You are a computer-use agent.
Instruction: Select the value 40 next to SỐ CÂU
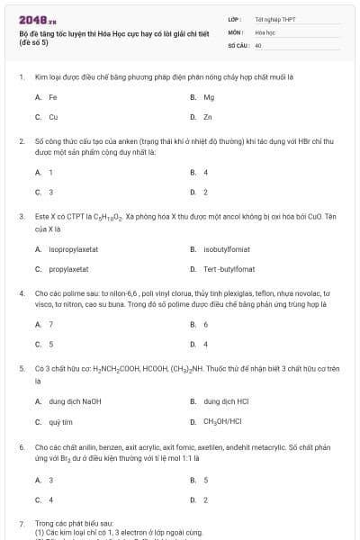pos(258,44)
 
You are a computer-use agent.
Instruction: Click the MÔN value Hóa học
pos(265,31)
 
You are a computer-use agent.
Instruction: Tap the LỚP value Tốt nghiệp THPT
pos(274,19)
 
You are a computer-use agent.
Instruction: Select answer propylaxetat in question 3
pos(68,269)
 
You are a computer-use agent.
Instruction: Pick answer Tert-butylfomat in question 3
pos(229,269)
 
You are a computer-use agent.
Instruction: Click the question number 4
pos(21,293)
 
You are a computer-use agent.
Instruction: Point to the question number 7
pos(21,523)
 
